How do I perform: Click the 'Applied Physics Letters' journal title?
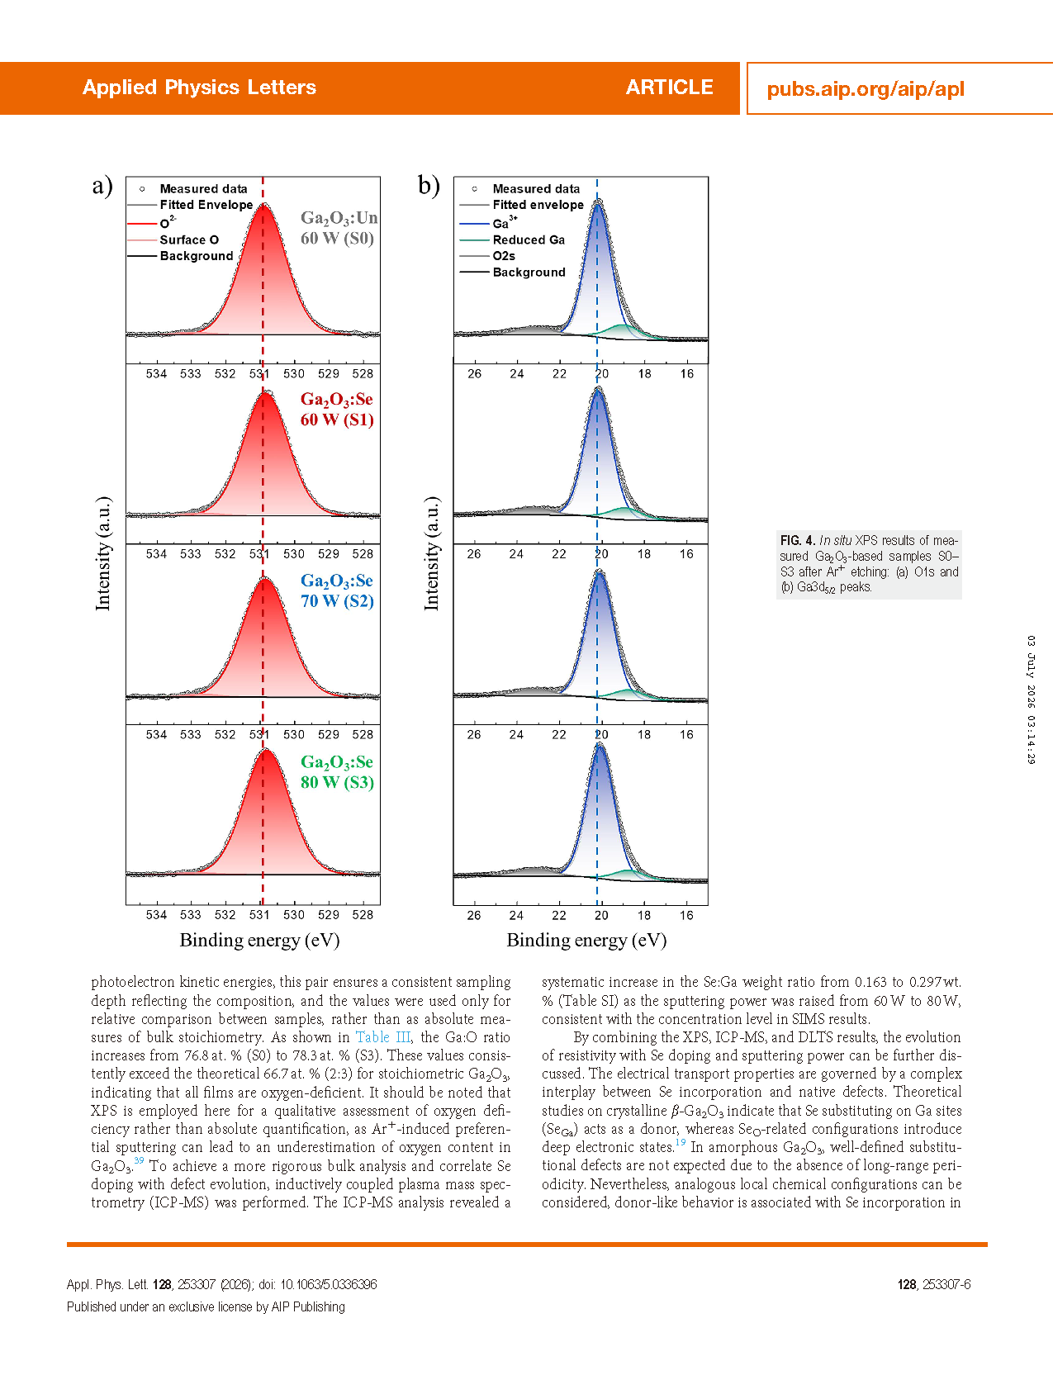[x=199, y=88]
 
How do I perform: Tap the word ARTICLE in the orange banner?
[x=669, y=88]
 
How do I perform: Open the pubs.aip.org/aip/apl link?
[x=866, y=89]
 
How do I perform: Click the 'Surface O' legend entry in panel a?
[x=189, y=240]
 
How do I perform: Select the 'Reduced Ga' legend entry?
[x=529, y=240]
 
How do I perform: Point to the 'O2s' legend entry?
[x=504, y=256]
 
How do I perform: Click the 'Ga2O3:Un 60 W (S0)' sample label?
[x=339, y=228]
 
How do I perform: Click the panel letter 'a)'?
[x=102, y=186]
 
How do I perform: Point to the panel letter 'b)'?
[x=429, y=186]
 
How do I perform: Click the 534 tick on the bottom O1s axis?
[x=156, y=915]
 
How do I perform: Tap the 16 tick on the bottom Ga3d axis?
[x=686, y=915]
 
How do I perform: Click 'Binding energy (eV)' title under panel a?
[x=259, y=941]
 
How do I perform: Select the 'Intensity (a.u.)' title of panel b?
[x=431, y=553]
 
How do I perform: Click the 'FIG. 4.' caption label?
[x=798, y=541]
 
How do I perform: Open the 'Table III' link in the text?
[x=383, y=1037]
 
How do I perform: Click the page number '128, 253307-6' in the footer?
[x=934, y=1284]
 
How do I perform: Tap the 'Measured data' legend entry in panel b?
[x=536, y=189]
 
